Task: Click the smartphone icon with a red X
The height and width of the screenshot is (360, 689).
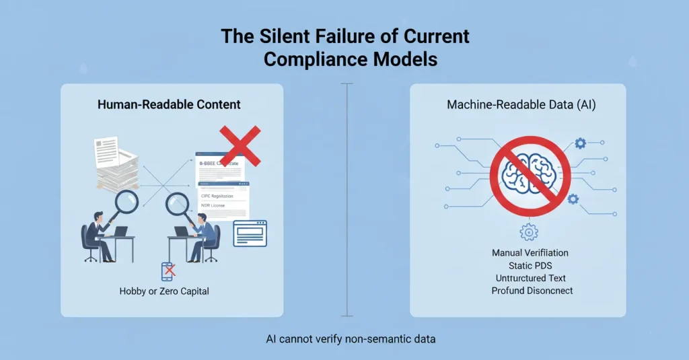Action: point(168,271)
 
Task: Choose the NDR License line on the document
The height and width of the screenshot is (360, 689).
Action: point(214,205)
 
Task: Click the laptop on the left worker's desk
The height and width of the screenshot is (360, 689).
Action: point(120,231)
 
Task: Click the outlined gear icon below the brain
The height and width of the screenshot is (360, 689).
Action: point(529,232)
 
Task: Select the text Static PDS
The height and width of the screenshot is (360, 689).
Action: point(530,266)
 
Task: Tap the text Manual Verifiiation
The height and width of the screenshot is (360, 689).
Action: point(530,253)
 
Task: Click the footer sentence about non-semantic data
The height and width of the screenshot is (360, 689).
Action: point(351,338)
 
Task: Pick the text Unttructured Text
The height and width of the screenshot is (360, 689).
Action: point(530,278)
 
